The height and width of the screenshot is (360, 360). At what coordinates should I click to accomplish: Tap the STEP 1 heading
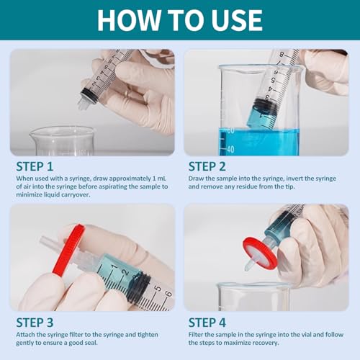35,166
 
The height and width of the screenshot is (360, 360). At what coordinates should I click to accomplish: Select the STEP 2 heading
207,166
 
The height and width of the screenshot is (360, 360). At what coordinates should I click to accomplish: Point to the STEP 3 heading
35,323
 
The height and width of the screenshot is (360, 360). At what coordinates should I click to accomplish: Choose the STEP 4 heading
207,323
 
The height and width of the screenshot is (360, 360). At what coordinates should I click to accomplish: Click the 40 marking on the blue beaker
230,149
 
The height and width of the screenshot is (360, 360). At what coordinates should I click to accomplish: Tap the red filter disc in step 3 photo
68,250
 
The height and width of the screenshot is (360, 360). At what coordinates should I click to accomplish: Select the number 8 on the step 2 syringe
282,55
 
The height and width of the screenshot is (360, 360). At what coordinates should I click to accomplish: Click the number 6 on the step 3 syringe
168,294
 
